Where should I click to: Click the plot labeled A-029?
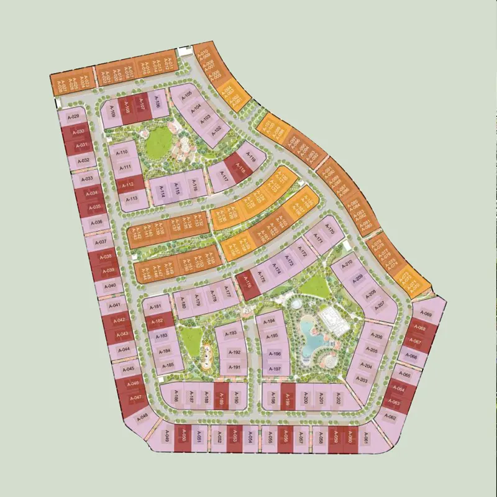click(x=74, y=117)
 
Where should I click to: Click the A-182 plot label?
click(x=157, y=321)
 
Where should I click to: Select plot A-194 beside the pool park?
click(x=269, y=322)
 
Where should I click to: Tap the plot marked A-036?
click(x=96, y=222)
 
